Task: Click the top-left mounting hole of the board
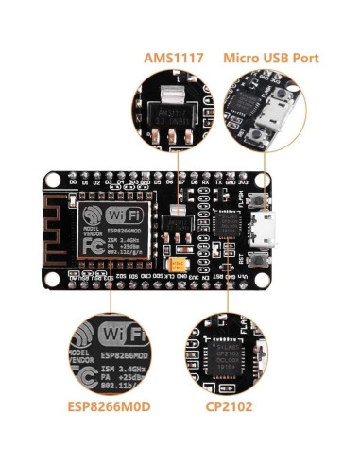[x=50, y=177]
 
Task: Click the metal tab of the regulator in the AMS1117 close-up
[x=170, y=94]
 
